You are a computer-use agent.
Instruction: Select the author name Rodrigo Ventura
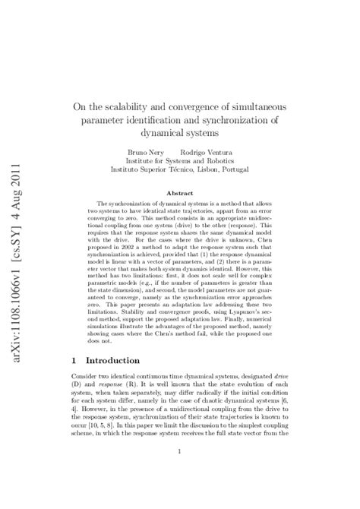[210, 152]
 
